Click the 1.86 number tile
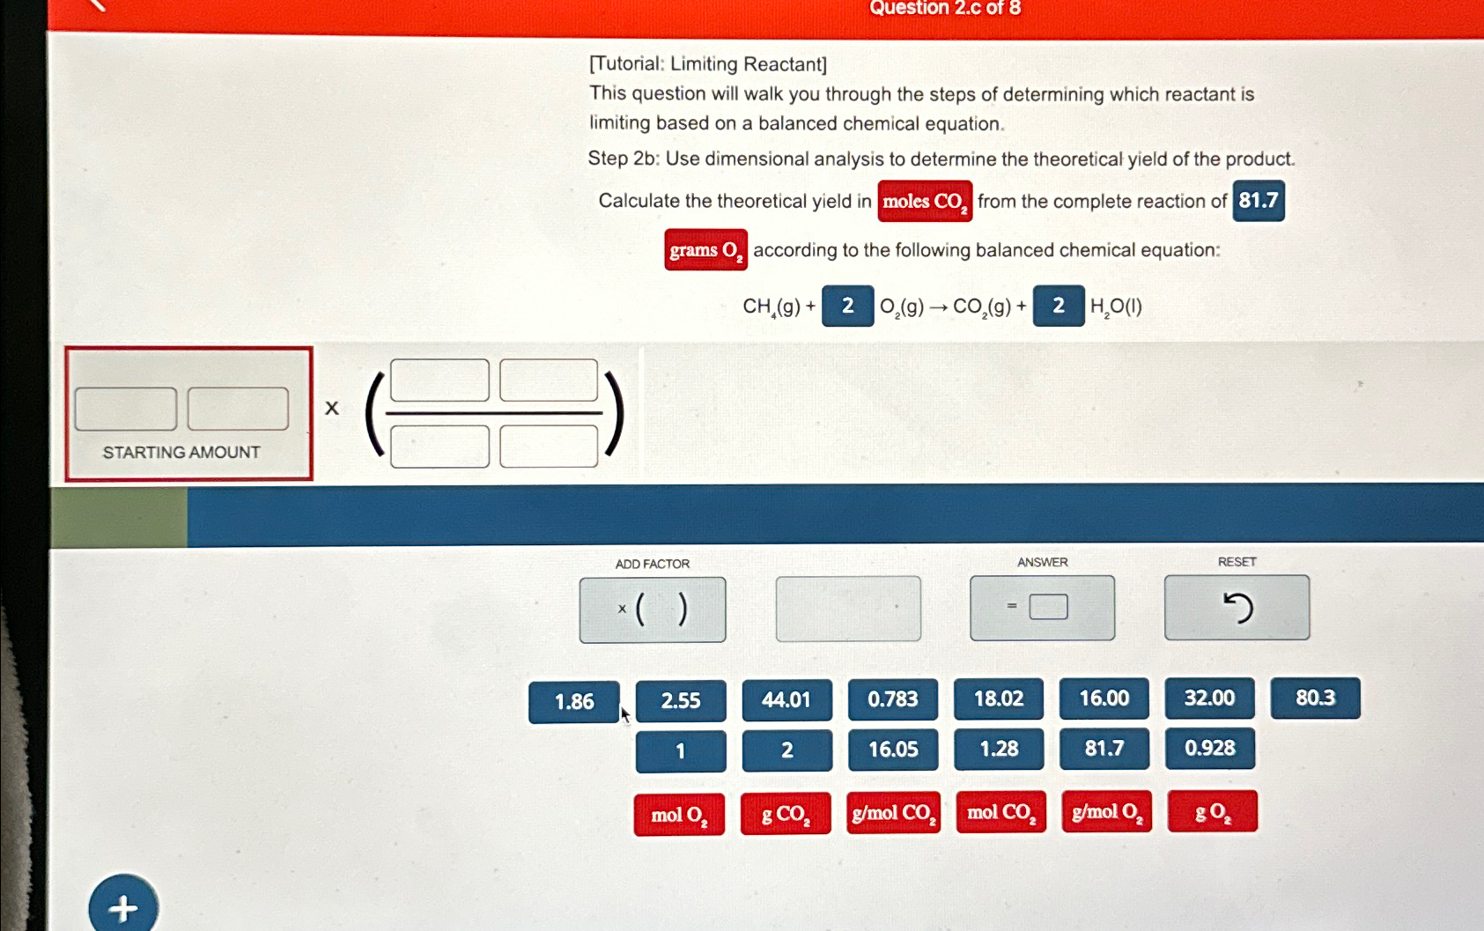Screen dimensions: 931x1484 (573, 702)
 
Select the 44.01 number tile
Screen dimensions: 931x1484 (786, 700)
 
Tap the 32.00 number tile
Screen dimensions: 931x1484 (1209, 698)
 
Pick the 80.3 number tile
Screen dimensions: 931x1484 (1315, 698)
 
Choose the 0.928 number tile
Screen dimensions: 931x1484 (1209, 749)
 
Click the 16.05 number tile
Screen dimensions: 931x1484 (893, 750)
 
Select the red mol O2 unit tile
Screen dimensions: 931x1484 (679, 815)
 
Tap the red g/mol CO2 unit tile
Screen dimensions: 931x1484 (893, 813)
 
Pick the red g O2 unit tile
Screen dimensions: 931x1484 (1212, 812)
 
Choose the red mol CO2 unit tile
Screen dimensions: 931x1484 (1000, 813)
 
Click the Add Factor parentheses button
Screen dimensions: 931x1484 (653, 610)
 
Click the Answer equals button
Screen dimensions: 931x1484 (1042, 608)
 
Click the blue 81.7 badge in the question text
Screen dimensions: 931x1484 (1258, 201)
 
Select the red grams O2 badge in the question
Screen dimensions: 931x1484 (705, 250)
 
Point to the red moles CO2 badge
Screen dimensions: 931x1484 (925, 202)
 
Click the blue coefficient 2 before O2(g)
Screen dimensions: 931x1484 (847, 307)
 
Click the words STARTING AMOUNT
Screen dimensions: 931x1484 (181, 453)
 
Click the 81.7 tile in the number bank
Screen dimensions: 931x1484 (1104, 749)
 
